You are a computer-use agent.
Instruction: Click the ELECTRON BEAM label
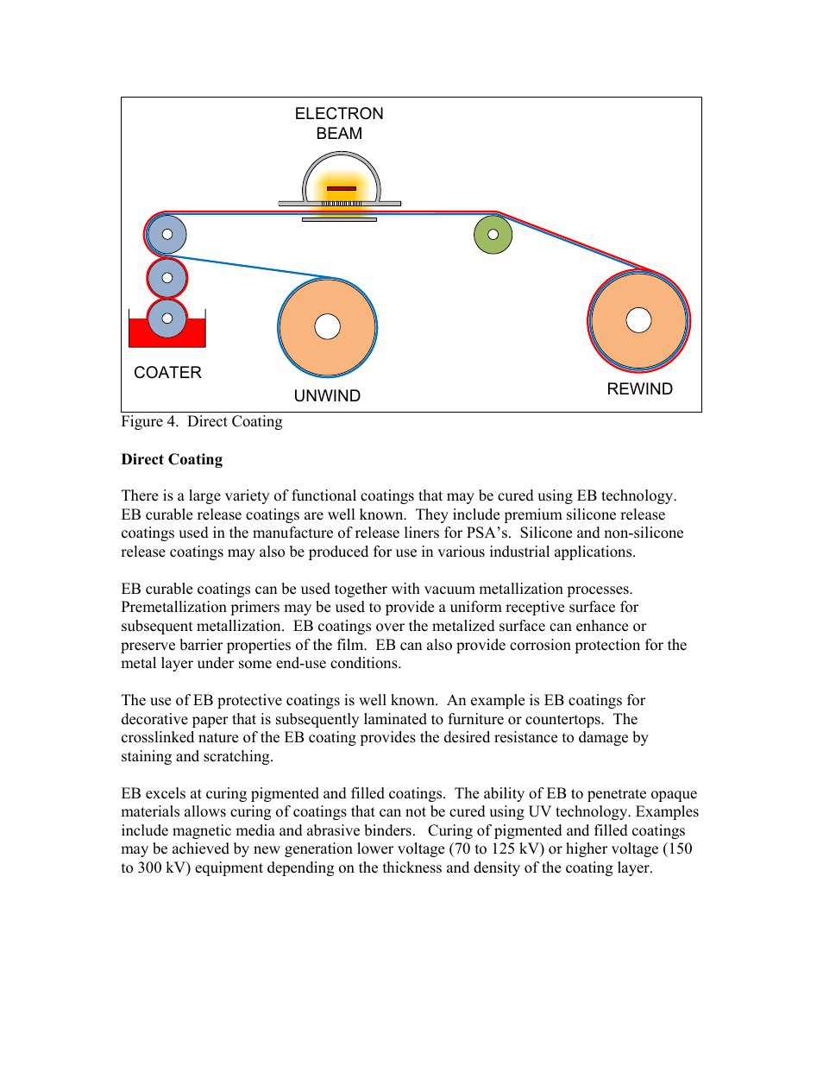339,123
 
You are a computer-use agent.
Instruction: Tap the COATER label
167,373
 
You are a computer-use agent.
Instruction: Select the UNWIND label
327,396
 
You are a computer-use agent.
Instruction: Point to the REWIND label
639,389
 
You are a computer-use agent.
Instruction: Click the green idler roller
493,235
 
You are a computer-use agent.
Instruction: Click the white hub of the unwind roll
328,326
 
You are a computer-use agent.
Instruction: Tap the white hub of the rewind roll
638,320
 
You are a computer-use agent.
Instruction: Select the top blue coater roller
167,234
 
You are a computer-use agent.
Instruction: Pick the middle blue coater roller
167,278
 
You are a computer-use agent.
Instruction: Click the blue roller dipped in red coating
167,319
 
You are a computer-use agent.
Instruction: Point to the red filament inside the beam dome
342,188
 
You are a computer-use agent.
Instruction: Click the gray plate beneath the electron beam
339,220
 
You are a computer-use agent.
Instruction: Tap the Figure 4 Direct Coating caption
202,422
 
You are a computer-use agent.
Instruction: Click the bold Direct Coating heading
172,460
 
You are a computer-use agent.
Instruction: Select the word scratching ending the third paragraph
236,757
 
